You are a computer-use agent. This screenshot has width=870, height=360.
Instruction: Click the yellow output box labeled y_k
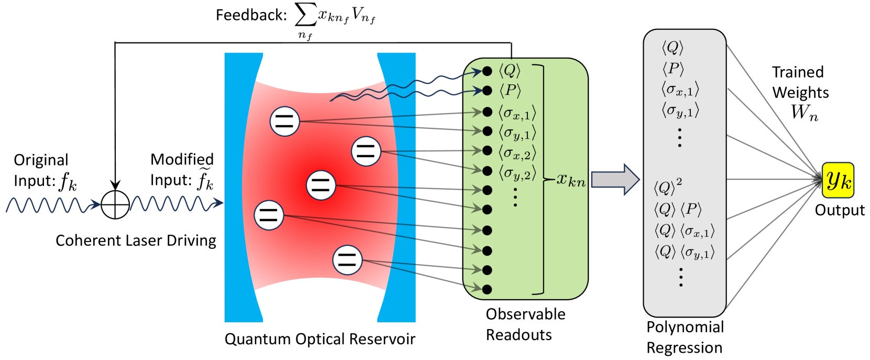point(838,180)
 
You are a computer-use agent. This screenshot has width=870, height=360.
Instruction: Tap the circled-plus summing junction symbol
point(115,204)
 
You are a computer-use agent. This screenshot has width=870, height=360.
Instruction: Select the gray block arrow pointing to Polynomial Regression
point(615,180)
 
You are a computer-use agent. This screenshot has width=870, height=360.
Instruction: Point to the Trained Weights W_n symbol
point(804,112)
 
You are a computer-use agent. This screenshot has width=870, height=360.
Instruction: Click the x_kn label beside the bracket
point(570,180)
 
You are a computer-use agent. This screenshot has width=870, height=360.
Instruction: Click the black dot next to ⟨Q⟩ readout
point(487,71)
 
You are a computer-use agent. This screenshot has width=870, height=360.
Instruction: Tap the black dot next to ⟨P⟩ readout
point(487,91)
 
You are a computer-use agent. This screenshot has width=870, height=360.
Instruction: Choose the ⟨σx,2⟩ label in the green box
point(517,154)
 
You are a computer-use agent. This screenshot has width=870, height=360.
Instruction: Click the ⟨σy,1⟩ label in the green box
point(517,133)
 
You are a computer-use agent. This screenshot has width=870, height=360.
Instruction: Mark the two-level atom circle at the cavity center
point(321,185)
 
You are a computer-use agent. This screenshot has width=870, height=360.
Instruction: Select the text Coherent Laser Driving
point(136,241)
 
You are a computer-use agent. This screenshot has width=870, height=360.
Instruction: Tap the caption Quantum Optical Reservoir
point(320,339)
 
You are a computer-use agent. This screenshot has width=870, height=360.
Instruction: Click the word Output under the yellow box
point(840,210)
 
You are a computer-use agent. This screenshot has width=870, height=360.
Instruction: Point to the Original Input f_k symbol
point(68,182)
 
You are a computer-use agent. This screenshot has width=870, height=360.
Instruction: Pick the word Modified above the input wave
point(182,159)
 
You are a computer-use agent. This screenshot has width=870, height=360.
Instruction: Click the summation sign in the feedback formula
point(305,17)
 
